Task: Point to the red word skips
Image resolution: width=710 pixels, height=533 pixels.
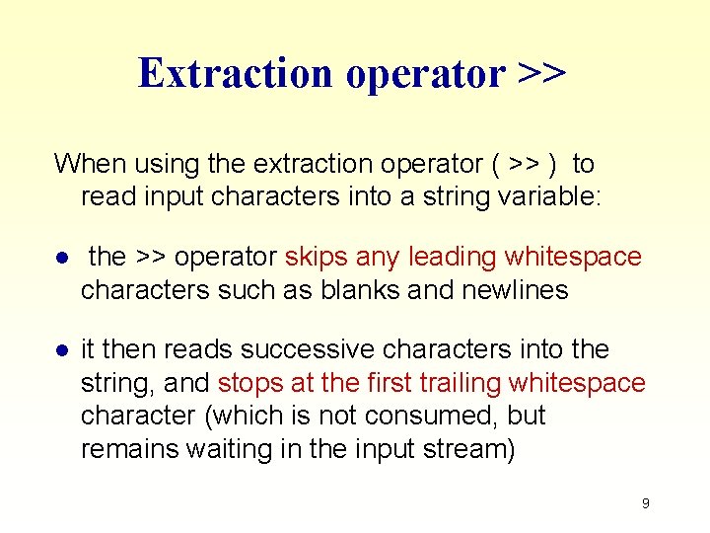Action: (x=317, y=257)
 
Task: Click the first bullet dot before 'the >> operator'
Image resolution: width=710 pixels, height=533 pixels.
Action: (x=61, y=259)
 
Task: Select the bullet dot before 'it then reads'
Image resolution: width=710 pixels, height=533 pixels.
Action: (x=61, y=351)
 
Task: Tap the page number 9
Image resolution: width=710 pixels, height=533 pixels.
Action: (x=645, y=503)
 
